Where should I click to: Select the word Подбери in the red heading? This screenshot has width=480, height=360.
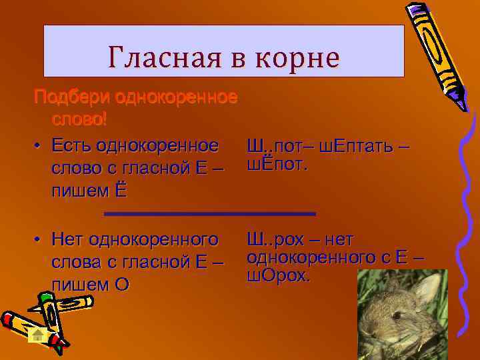coord(73,97)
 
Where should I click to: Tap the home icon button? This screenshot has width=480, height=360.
coord(39,335)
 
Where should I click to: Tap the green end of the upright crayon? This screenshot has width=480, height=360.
coord(45,298)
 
